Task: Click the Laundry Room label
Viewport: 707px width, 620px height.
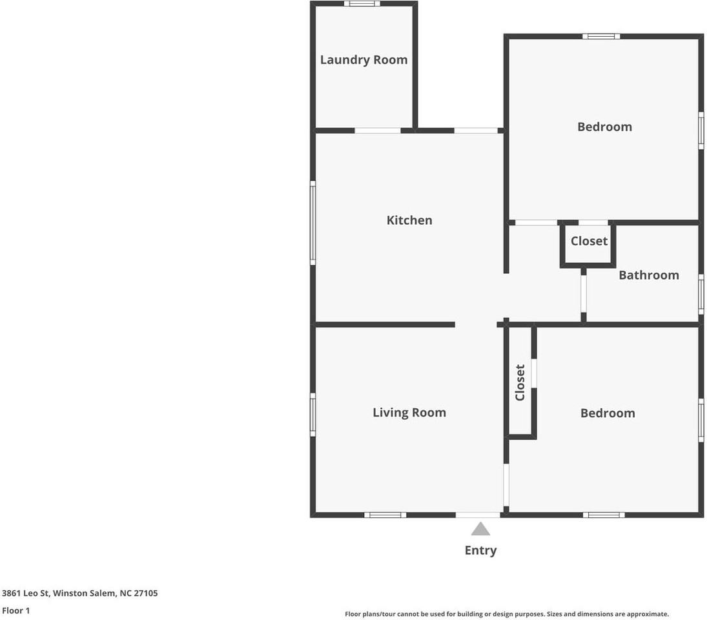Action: [364, 60]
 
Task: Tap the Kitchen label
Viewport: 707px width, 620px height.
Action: [409, 220]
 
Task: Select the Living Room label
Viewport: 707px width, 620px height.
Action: [409, 413]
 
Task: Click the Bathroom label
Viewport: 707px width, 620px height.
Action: [648, 275]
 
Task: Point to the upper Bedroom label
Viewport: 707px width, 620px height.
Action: [604, 127]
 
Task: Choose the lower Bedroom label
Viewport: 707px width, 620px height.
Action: [607, 413]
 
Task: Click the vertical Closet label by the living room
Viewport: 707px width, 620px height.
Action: [520, 382]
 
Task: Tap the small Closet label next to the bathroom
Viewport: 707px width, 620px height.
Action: [589, 241]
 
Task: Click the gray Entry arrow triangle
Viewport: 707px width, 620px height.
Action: [480, 530]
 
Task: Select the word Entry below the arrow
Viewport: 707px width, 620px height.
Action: [480, 550]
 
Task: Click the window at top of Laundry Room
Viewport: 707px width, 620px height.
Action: [362, 4]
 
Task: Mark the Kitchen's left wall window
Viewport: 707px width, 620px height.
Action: [313, 223]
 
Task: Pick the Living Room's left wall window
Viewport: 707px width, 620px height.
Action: [313, 415]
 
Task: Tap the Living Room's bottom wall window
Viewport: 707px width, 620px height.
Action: [385, 515]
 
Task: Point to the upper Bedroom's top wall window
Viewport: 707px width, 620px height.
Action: [601, 36]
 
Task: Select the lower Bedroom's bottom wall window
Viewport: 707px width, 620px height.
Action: [604, 515]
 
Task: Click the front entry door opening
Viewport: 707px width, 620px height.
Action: [478, 515]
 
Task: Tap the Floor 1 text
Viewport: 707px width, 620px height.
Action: [16, 610]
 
